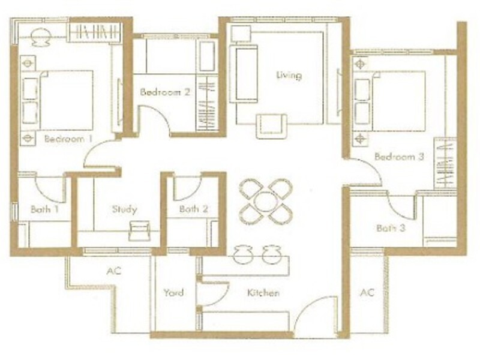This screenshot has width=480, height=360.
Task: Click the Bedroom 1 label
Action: [68, 139]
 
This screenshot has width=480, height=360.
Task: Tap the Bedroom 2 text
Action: [165, 92]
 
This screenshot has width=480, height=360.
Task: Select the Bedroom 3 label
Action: [399, 157]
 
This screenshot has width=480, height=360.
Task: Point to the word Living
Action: [289, 75]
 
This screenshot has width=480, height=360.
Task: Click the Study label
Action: [125, 209]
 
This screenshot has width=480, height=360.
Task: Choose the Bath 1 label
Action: [44, 209]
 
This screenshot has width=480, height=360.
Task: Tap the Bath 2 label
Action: [194, 209]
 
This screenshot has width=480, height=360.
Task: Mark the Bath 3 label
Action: [391, 228]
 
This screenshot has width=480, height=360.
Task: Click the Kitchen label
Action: [263, 293]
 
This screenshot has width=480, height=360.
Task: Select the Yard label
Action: [173, 292]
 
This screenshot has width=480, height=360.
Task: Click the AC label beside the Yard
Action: [114, 271]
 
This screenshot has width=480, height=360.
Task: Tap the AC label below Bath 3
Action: [367, 292]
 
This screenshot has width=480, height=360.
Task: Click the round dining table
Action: [266, 202]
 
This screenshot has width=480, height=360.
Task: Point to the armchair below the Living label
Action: [271, 126]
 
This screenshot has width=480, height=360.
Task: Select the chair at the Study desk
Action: [140, 231]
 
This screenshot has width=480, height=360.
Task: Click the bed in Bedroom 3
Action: [389, 101]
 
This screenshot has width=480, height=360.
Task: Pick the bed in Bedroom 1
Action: [57, 100]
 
